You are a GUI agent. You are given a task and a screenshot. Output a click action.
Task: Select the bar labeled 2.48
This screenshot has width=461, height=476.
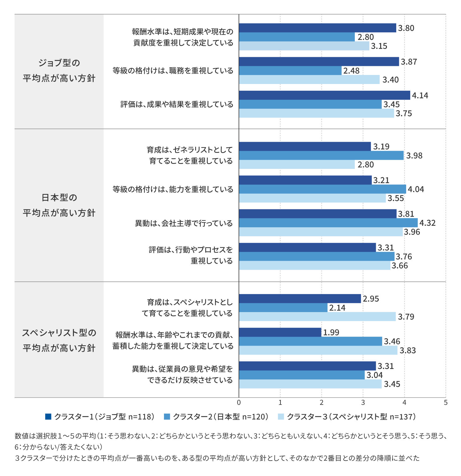(x=290, y=71)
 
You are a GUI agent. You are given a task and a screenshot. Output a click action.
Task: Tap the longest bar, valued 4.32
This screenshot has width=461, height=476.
(x=328, y=223)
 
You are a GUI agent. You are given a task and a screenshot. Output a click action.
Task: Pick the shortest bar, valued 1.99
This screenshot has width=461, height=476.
(x=280, y=332)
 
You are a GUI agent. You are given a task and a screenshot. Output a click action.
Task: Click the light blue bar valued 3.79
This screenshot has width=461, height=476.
(x=317, y=317)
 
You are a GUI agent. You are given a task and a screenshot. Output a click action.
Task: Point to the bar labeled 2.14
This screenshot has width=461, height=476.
(x=283, y=308)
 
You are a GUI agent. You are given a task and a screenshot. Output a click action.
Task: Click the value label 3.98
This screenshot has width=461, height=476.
(x=414, y=156)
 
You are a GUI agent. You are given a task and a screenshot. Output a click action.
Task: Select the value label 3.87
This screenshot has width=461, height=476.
(x=409, y=62)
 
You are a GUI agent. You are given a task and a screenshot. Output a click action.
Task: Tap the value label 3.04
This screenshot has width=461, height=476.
(x=375, y=375)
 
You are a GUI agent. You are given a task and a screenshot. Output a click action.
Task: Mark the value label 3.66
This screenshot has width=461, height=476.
(x=400, y=266)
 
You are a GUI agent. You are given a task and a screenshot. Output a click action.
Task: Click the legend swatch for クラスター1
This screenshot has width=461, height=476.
(x=48, y=416)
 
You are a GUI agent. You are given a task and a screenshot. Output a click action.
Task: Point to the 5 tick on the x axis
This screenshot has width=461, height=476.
(x=446, y=403)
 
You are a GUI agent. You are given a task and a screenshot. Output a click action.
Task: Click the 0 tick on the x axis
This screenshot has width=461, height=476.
(x=239, y=403)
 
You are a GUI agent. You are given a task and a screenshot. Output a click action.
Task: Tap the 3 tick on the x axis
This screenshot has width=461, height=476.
(x=363, y=403)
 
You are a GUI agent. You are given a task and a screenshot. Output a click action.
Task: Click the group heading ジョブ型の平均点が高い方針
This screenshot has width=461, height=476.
(x=59, y=71)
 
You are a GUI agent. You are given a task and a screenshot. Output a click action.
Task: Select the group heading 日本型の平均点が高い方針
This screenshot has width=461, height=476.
(x=59, y=205)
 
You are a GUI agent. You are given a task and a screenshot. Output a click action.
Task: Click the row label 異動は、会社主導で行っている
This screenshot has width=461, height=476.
(x=184, y=223)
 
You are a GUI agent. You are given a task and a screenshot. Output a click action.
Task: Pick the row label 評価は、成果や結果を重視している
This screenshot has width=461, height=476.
(x=177, y=104)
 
